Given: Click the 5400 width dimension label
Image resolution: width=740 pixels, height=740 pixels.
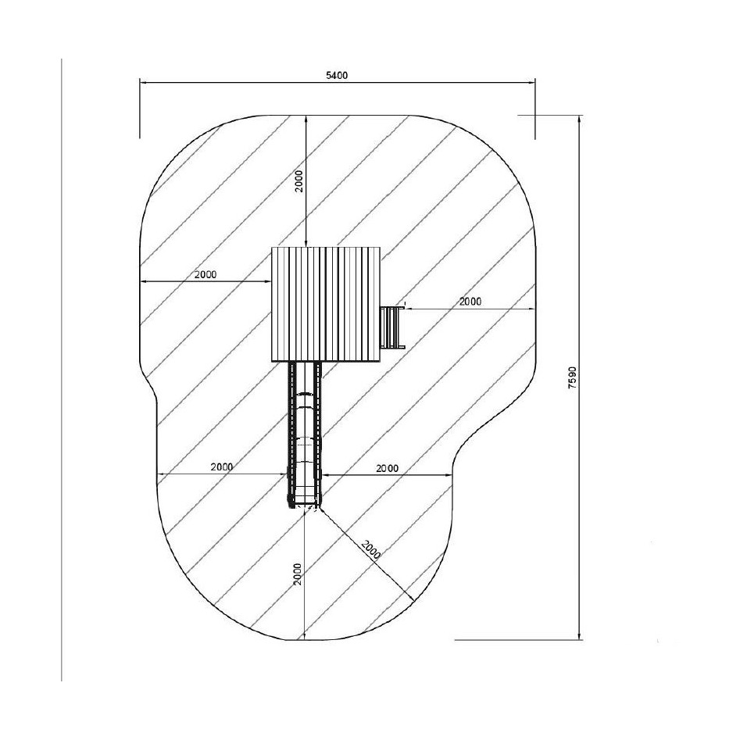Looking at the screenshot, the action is coord(337,76).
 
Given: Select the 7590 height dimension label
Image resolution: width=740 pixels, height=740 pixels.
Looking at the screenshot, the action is coord(573,377).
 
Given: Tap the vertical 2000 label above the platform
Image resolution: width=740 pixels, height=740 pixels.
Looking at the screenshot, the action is coord(299,181).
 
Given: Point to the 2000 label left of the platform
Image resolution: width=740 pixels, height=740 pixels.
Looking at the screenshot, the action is coord(206,274).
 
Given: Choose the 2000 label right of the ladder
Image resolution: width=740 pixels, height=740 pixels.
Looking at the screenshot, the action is coord(470,301).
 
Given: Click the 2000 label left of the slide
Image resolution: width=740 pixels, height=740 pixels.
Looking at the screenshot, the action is coord(222,467).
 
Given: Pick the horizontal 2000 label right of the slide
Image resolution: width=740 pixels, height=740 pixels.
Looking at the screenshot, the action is coord(387,469).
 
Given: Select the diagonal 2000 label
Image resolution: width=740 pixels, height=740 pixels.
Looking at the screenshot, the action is coord(371,549).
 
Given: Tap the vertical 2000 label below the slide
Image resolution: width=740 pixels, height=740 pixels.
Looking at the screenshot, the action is coord(297,574).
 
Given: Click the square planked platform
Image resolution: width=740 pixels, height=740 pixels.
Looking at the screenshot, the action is coord(326,305).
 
